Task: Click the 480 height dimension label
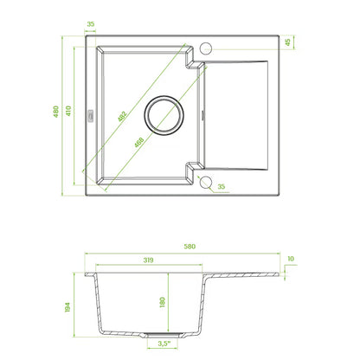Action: point(56,112)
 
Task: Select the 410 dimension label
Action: point(68,111)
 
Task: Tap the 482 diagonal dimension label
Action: point(122,116)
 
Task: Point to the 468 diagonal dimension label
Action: point(139,142)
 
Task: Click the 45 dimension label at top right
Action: point(287,42)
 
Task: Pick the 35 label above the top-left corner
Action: point(91,24)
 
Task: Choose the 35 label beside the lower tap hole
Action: point(222,186)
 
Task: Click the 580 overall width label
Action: point(190,247)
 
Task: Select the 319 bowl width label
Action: point(148,260)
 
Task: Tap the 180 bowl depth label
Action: point(162,302)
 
